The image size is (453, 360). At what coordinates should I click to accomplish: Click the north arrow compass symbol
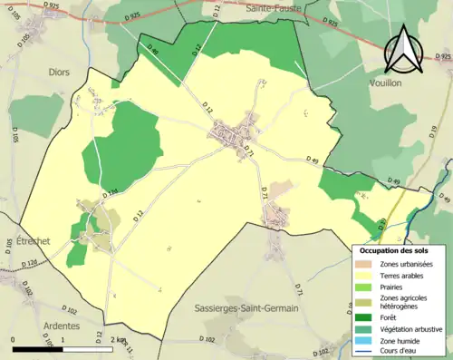(405, 50)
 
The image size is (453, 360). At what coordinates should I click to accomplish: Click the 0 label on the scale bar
(13, 339)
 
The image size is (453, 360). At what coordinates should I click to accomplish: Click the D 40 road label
(152, 53)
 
